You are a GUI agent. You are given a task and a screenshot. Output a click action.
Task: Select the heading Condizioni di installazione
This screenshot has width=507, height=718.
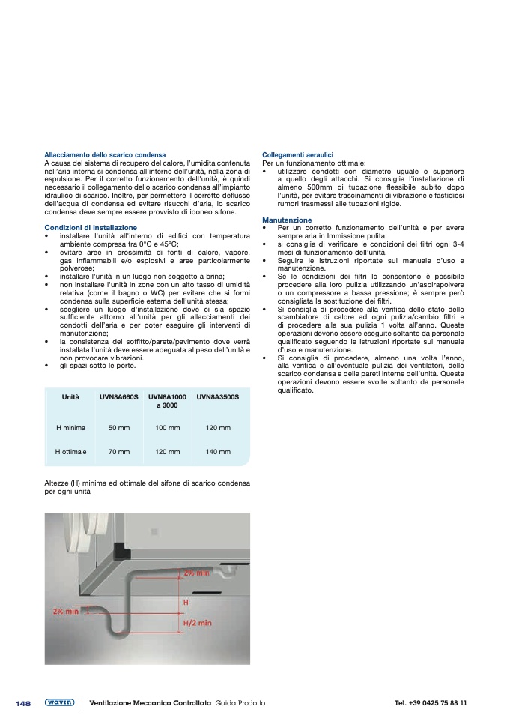[91, 227]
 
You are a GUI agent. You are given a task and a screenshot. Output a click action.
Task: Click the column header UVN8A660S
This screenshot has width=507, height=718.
[119, 397]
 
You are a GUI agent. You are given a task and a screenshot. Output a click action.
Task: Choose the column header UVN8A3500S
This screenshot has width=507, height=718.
[218, 397]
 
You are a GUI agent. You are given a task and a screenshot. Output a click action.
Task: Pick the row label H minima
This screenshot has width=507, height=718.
[71, 427]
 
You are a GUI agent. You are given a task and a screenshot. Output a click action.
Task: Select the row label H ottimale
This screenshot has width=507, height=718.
[71, 452]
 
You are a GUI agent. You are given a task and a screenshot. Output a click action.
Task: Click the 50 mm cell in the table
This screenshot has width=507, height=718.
[119, 427]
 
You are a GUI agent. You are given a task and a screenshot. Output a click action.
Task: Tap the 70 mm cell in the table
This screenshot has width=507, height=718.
[119, 452]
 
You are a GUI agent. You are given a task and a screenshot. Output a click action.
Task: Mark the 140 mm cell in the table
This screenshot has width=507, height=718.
[218, 452]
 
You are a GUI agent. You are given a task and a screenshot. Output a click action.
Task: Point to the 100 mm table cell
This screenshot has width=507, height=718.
[168, 427]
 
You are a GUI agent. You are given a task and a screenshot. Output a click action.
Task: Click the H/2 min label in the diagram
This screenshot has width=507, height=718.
[198, 622]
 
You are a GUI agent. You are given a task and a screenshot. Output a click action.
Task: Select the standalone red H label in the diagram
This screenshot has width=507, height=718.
[186, 602]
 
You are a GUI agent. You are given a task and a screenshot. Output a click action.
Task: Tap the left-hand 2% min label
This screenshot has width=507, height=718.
[66, 611]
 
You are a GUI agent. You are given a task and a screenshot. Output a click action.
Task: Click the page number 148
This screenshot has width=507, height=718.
[22, 703]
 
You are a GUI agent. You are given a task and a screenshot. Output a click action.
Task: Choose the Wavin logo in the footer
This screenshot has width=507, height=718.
[59, 702]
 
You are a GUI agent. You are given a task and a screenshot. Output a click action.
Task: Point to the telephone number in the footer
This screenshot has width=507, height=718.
[431, 703]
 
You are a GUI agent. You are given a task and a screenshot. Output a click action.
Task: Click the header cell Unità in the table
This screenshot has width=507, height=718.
[71, 397]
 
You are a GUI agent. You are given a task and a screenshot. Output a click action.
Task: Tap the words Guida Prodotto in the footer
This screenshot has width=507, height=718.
[240, 703]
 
